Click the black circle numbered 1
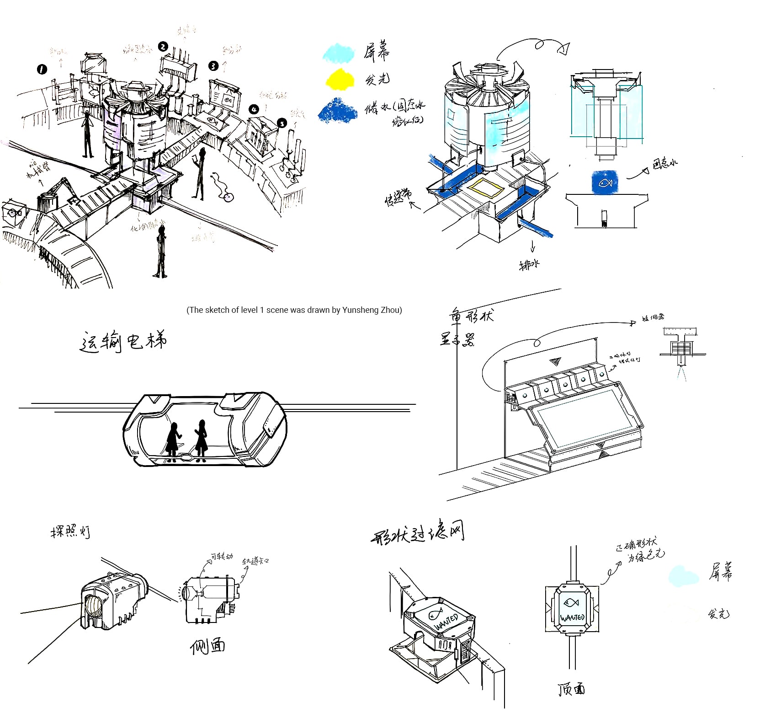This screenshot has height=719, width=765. pos(42,69)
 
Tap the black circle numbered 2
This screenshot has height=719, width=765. pos(163,46)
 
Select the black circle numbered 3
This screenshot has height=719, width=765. pos(213,66)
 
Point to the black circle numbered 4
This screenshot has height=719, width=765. pos(254,109)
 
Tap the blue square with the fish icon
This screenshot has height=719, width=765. pos(605,182)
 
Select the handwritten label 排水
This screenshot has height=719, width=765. pos(529,265)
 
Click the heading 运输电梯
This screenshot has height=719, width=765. pos(123,341)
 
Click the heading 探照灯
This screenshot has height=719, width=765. pos(70,532)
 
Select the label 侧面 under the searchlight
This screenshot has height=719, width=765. pos(207,646)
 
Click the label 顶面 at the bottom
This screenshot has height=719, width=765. pos(571,689)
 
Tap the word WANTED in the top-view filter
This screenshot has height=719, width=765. pos(572,617)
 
